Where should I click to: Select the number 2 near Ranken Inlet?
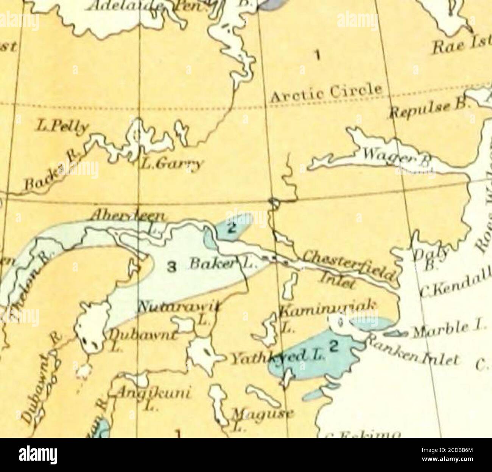tap(333, 346)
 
